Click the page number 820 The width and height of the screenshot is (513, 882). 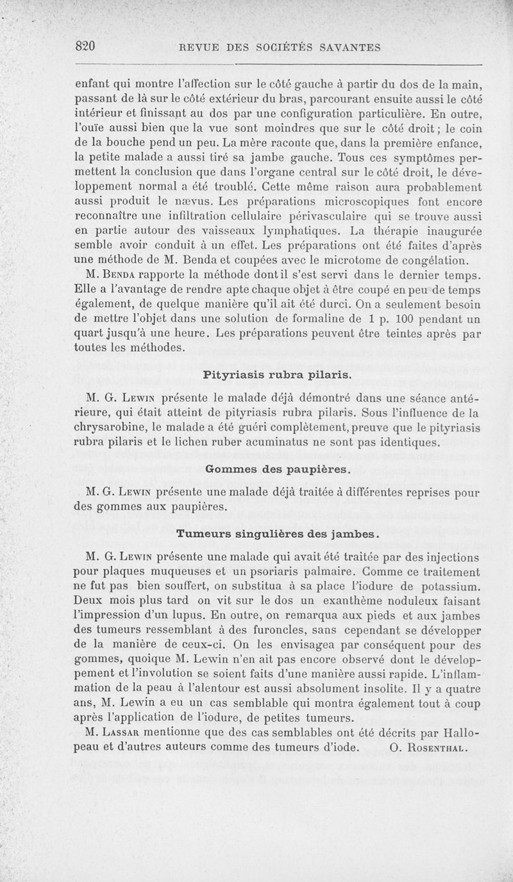pyautogui.click(x=85, y=46)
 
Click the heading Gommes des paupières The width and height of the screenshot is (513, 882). pyautogui.click(x=277, y=470)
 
